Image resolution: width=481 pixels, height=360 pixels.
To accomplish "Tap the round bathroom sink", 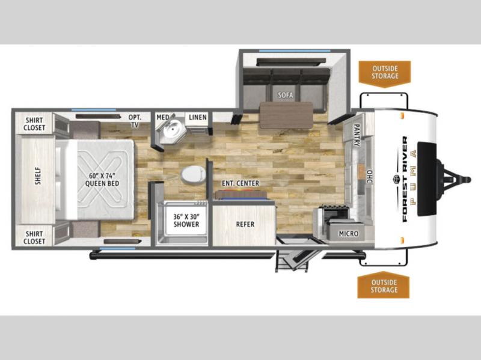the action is click(173, 129).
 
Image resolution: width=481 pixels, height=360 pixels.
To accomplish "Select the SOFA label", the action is click(285, 95).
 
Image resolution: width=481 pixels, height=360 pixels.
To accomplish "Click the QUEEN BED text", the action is click(102, 184).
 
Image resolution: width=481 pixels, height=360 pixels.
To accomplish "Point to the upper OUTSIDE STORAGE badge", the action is click(385, 73).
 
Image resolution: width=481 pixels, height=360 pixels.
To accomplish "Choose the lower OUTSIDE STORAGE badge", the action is click(384, 285).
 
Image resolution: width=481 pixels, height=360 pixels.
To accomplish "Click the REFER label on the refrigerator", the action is click(245, 224).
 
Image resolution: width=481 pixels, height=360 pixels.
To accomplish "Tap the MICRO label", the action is click(349, 233).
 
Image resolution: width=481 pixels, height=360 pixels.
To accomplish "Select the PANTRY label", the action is click(357, 135).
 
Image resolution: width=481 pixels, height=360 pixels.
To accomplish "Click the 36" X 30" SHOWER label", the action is click(186, 221).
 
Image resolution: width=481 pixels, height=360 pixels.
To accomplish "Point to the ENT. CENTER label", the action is click(240, 183).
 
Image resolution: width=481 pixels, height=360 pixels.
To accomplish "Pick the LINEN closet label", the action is click(198, 117).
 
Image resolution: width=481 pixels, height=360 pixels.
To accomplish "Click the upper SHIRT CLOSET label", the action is click(34, 124).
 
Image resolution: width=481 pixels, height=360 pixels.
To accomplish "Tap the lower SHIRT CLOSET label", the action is click(34, 237).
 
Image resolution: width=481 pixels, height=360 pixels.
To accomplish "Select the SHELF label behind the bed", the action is click(38, 175).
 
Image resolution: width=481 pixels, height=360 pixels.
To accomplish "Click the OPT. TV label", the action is click(135, 121).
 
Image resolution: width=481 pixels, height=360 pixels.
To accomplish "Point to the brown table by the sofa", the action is click(286, 115).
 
